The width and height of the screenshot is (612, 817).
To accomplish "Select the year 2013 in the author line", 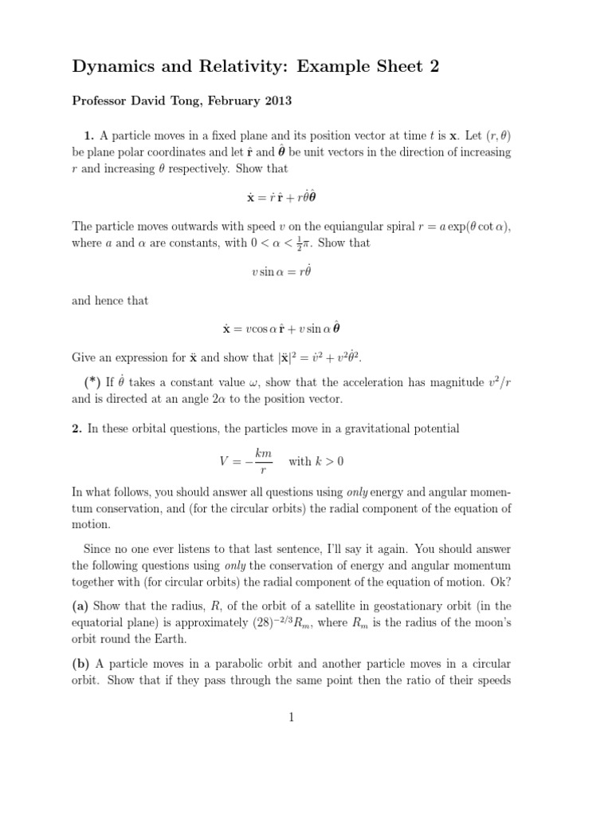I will click(x=273, y=101).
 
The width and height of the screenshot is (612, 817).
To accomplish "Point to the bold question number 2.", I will click(x=77, y=429).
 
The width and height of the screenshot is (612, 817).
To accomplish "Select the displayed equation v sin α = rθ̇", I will click(x=280, y=271).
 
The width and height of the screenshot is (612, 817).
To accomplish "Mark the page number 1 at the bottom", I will click(x=292, y=717).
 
